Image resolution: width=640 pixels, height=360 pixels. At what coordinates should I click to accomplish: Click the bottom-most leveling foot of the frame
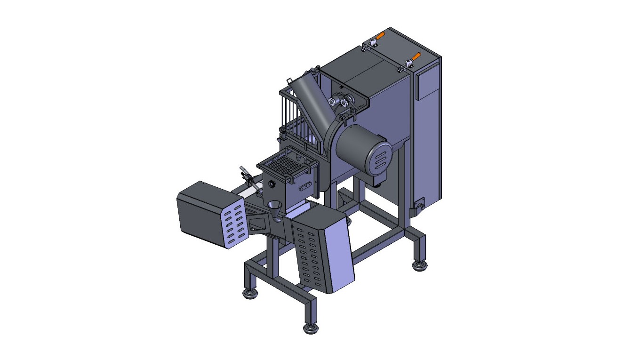(x=310, y=328)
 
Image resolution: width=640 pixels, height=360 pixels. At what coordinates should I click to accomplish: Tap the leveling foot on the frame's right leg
(x=419, y=266)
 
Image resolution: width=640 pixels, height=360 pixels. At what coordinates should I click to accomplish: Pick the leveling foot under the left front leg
(x=250, y=294)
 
